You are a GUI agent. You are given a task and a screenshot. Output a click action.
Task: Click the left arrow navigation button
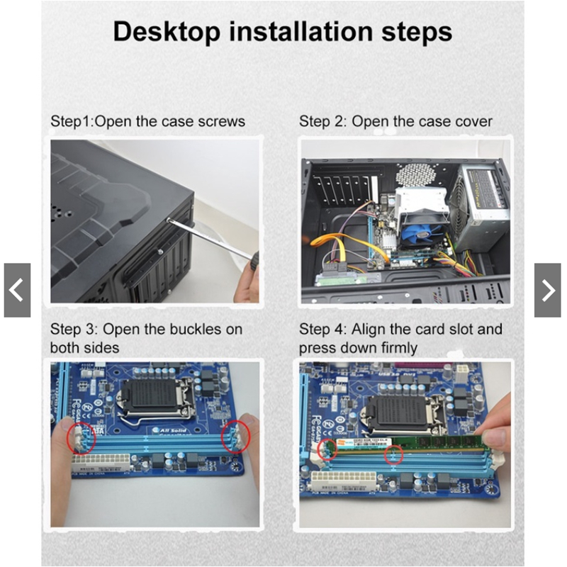[17, 290]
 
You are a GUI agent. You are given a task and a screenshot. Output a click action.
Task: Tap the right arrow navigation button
[547, 290]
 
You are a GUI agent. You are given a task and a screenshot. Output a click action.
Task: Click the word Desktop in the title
[167, 32]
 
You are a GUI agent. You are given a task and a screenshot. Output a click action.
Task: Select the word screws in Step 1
[222, 121]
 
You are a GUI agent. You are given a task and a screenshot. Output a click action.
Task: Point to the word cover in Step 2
[474, 122]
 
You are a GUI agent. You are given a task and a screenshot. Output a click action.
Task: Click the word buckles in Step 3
[196, 329]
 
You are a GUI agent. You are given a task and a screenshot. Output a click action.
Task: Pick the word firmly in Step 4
[399, 348]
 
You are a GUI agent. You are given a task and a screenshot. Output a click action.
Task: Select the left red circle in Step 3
[82, 437]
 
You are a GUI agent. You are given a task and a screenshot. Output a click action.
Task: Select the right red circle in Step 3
[236, 437]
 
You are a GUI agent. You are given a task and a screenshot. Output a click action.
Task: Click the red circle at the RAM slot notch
[393, 455]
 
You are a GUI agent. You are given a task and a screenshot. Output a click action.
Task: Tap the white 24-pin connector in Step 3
[101, 463]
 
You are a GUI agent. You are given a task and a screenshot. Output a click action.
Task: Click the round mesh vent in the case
[416, 175]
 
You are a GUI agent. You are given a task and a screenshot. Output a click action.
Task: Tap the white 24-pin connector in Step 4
[342, 479]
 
